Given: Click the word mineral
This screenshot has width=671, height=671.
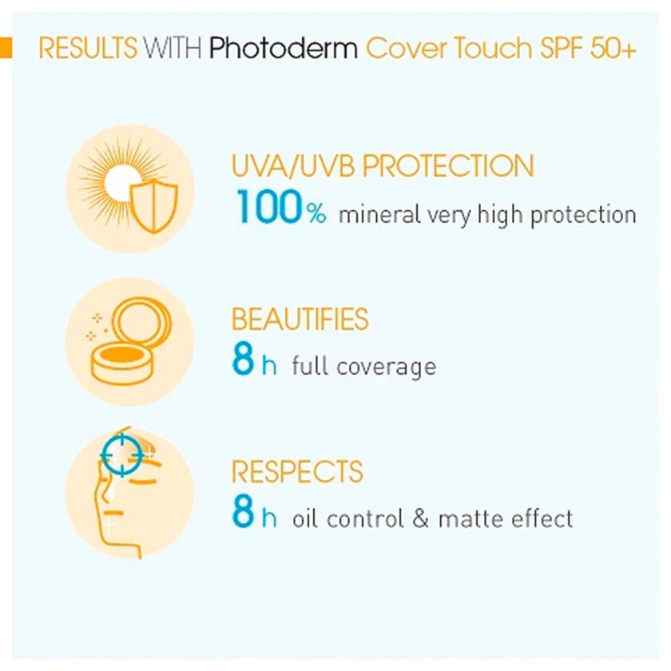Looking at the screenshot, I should tap(378, 215).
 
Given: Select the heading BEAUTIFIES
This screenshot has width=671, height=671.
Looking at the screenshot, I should tap(300, 319).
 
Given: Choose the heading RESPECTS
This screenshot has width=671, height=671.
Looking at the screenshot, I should tap(296, 470).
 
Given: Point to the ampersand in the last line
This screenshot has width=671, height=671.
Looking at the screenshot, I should tap(421, 518).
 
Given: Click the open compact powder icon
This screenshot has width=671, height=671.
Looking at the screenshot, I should tap(131, 342).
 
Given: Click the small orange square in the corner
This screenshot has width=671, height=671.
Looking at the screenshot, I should tap(6, 47).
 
